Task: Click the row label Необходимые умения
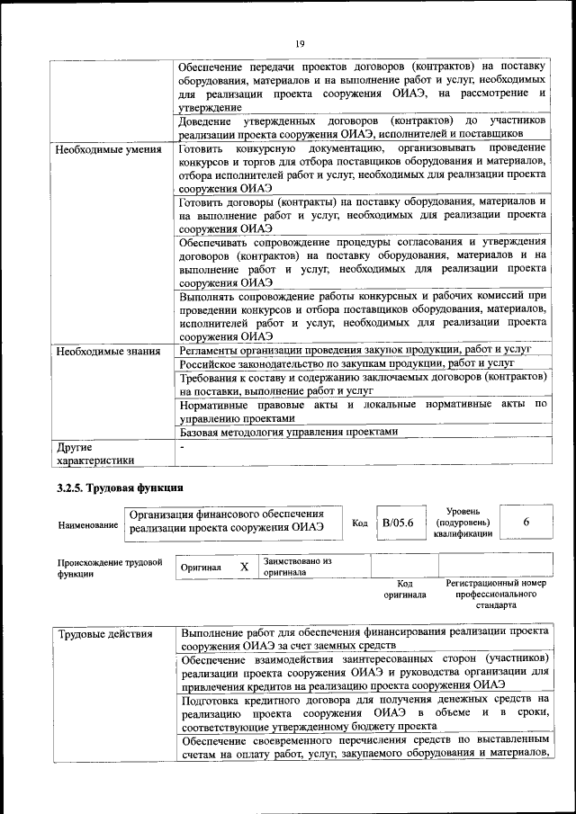108,148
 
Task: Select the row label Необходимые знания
108,351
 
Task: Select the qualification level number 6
526,522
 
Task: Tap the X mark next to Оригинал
243,568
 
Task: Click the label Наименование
87,524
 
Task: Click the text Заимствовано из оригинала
297,567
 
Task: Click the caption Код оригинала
404,589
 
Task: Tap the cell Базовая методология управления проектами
288,431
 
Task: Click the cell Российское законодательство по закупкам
346,363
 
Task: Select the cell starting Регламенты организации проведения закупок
355,349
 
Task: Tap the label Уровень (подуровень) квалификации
462,522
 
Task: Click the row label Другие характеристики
95,452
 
